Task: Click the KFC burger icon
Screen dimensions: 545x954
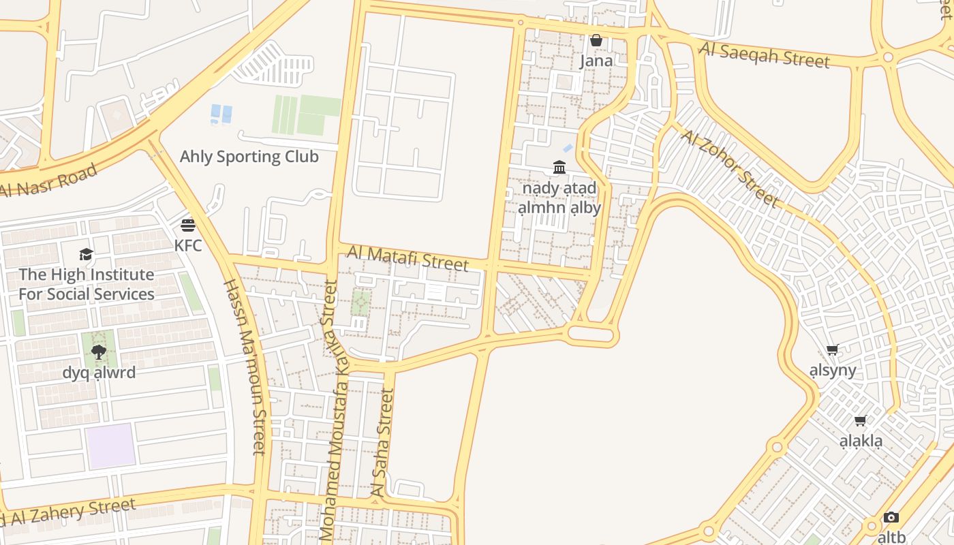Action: click(x=188, y=225)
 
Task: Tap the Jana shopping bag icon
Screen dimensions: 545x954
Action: click(x=596, y=41)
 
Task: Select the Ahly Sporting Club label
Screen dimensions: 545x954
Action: click(x=249, y=157)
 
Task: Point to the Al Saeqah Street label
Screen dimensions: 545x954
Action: click(x=765, y=54)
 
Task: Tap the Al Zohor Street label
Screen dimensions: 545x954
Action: click(x=730, y=168)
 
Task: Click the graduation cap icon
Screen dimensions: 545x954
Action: click(x=86, y=255)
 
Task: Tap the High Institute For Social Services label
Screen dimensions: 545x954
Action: click(x=87, y=285)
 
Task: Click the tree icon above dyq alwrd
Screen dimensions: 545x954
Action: click(x=99, y=352)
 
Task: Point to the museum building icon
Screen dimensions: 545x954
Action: click(x=559, y=168)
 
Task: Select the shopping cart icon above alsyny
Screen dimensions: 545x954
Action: click(x=832, y=351)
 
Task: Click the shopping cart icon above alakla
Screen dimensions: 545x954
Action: click(x=861, y=421)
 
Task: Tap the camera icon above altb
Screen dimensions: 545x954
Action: click(x=891, y=518)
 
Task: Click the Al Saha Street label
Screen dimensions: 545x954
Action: click(x=381, y=443)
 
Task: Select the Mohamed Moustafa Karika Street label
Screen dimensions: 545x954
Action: click(x=334, y=409)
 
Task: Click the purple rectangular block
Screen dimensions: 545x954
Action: click(x=110, y=446)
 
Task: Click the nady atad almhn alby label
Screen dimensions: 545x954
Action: click(x=559, y=198)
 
